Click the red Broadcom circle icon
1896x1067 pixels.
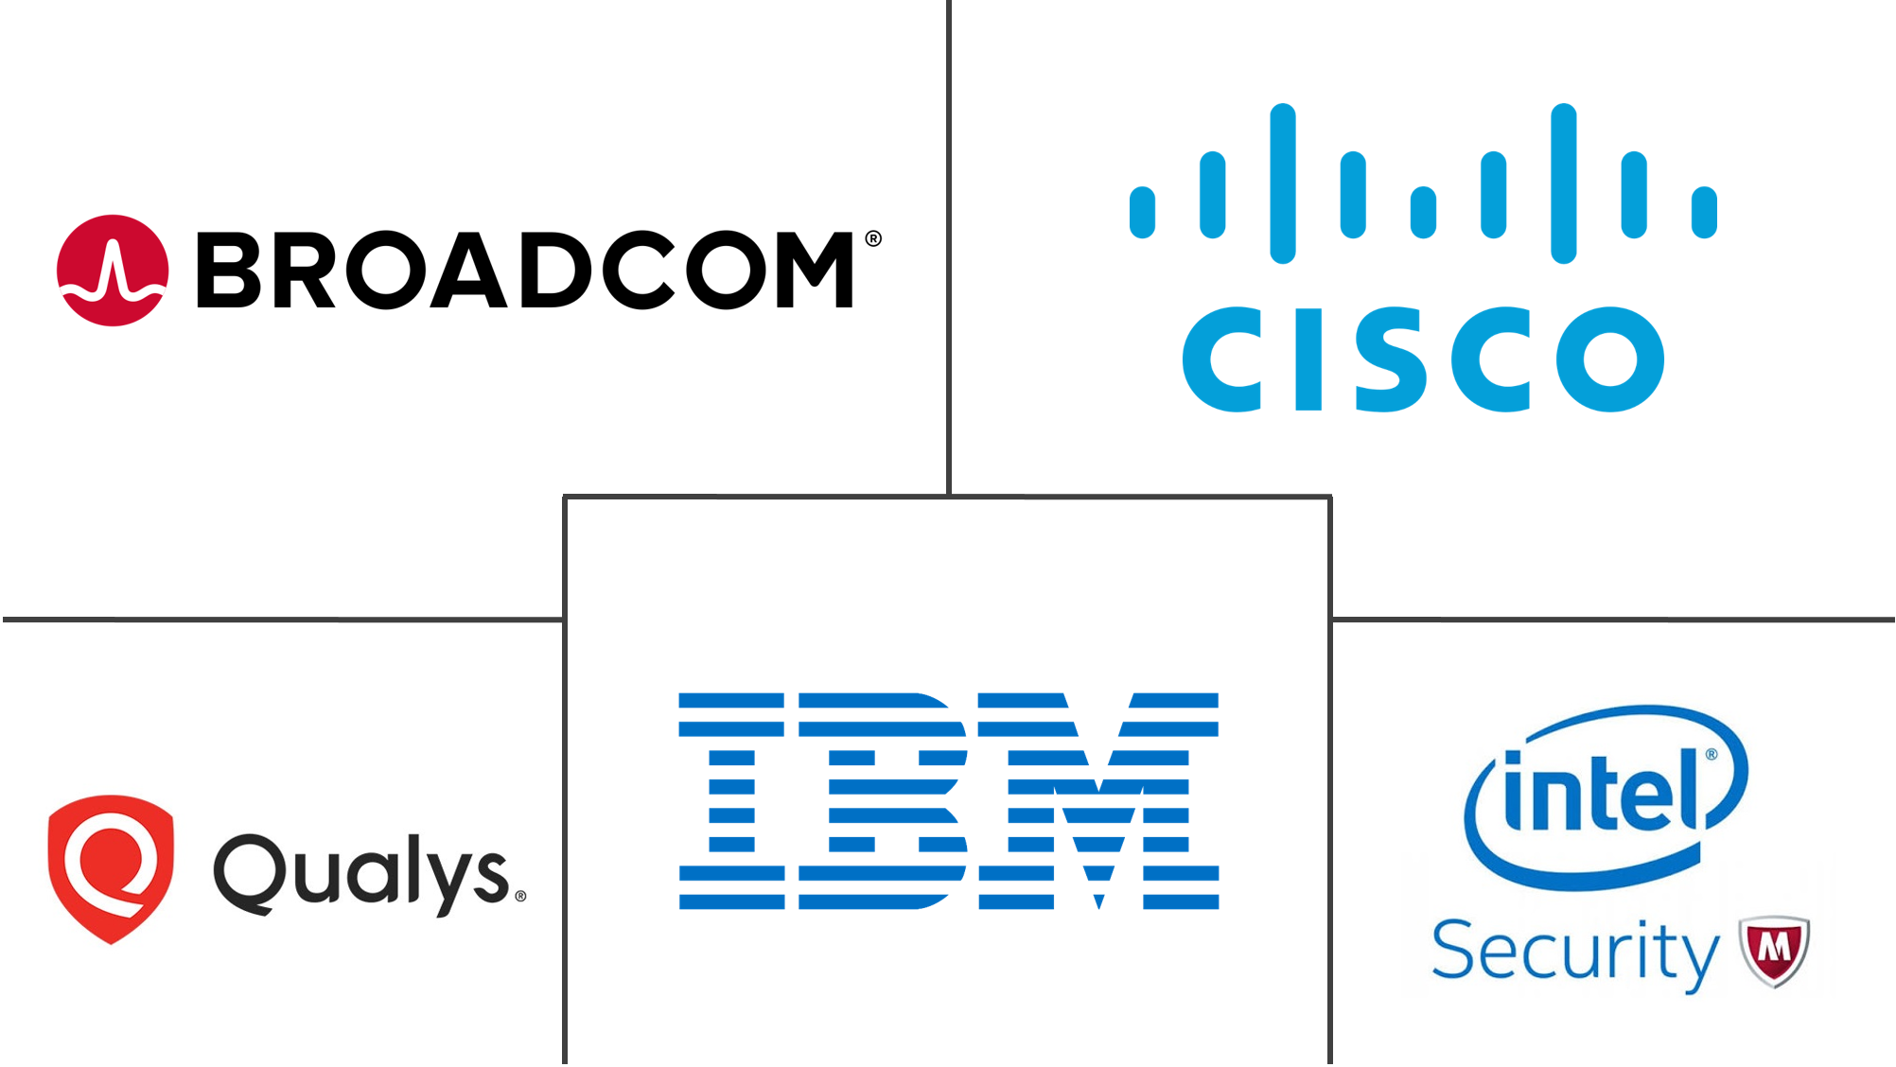pyautogui.click(x=113, y=271)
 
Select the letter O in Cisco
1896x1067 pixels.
pyautogui.click(x=1610, y=359)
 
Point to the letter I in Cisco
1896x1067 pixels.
pyautogui.click(x=1309, y=359)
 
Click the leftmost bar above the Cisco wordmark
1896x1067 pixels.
pyautogui.click(x=1143, y=212)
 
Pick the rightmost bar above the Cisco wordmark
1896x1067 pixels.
pyautogui.click(x=1704, y=212)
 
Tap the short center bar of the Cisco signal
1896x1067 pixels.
pyautogui.click(x=1423, y=212)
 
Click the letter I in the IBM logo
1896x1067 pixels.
pyautogui.click(x=731, y=800)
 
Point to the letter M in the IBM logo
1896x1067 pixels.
pyautogui.click(x=1098, y=800)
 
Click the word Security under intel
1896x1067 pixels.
pyautogui.click(x=1574, y=952)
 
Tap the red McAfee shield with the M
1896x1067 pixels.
pyautogui.click(x=1775, y=950)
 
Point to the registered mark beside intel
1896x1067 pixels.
pyautogui.click(x=1711, y=755)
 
